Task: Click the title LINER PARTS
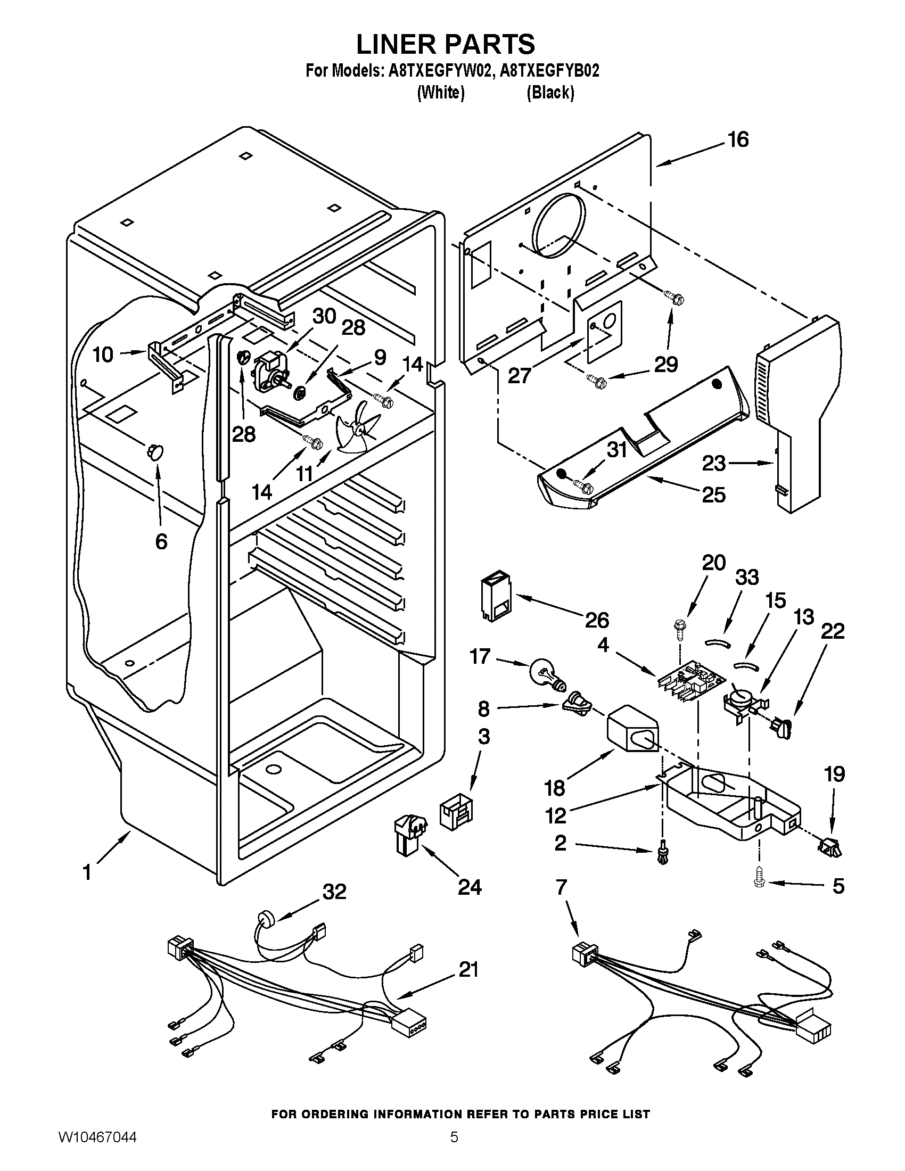446,44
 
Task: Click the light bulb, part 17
545,673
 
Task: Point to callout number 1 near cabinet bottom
87,873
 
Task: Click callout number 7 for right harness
561,887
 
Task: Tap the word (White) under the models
441,93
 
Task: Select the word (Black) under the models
550,93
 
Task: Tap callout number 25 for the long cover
713,494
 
